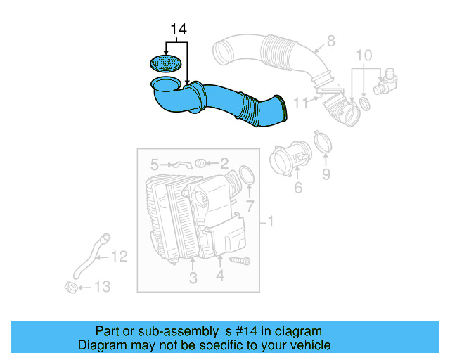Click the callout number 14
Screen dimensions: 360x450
point(179,30)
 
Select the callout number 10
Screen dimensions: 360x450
point(363,55)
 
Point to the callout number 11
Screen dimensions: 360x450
point(301,103)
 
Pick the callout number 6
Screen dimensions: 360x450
point(298,188)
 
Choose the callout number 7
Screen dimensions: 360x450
point(249,205)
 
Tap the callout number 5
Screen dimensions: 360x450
point(155,165)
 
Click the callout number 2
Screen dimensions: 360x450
point(224,165)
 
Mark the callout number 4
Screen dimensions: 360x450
point(220,277)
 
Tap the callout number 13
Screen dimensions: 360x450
point(102,287)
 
